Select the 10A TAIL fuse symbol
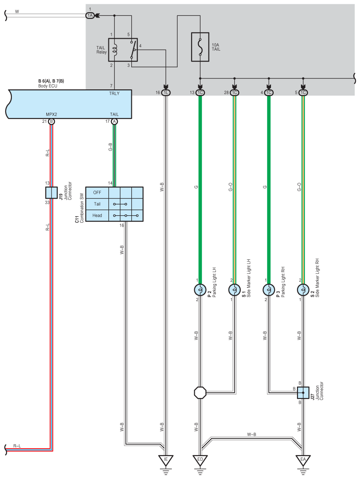coord(200,47)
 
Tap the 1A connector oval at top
coord(90,15)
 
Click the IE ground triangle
coord(166,460)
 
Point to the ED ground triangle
coord(200,460)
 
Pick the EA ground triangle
coord(303,460)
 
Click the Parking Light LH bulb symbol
coord(200,290)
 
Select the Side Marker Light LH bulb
coord(234,290)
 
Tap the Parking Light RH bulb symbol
coord(269,290)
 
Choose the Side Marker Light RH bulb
coord(303,290)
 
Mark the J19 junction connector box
coord(52,192)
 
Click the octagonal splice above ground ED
coord(200,392)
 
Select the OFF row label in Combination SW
coord(97,192)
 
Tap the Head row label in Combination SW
coord(97,216)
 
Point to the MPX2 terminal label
coord(52,114)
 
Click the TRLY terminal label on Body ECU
coord(114,93)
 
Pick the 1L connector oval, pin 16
coord(166,93)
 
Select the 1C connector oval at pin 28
coord(234,93)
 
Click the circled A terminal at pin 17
coord(114,122)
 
